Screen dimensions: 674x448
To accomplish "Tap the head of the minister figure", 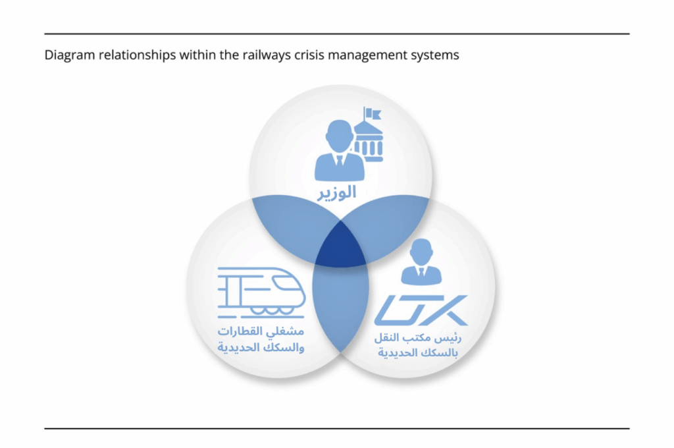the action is pyautogui.click(x=340, y=135).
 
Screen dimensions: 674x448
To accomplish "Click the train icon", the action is pyautogui.click(x=261, y=293).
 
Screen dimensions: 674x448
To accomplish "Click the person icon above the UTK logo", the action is pyautogui.click(x=421, y=262).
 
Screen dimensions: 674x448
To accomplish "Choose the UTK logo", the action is pyautogui.click(x=421, y=310).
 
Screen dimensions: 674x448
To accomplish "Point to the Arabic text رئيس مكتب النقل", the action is pyautogui.click(x=418, y=338).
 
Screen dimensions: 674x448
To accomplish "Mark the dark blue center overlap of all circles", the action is pyautogui.click(x=341, y=248).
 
